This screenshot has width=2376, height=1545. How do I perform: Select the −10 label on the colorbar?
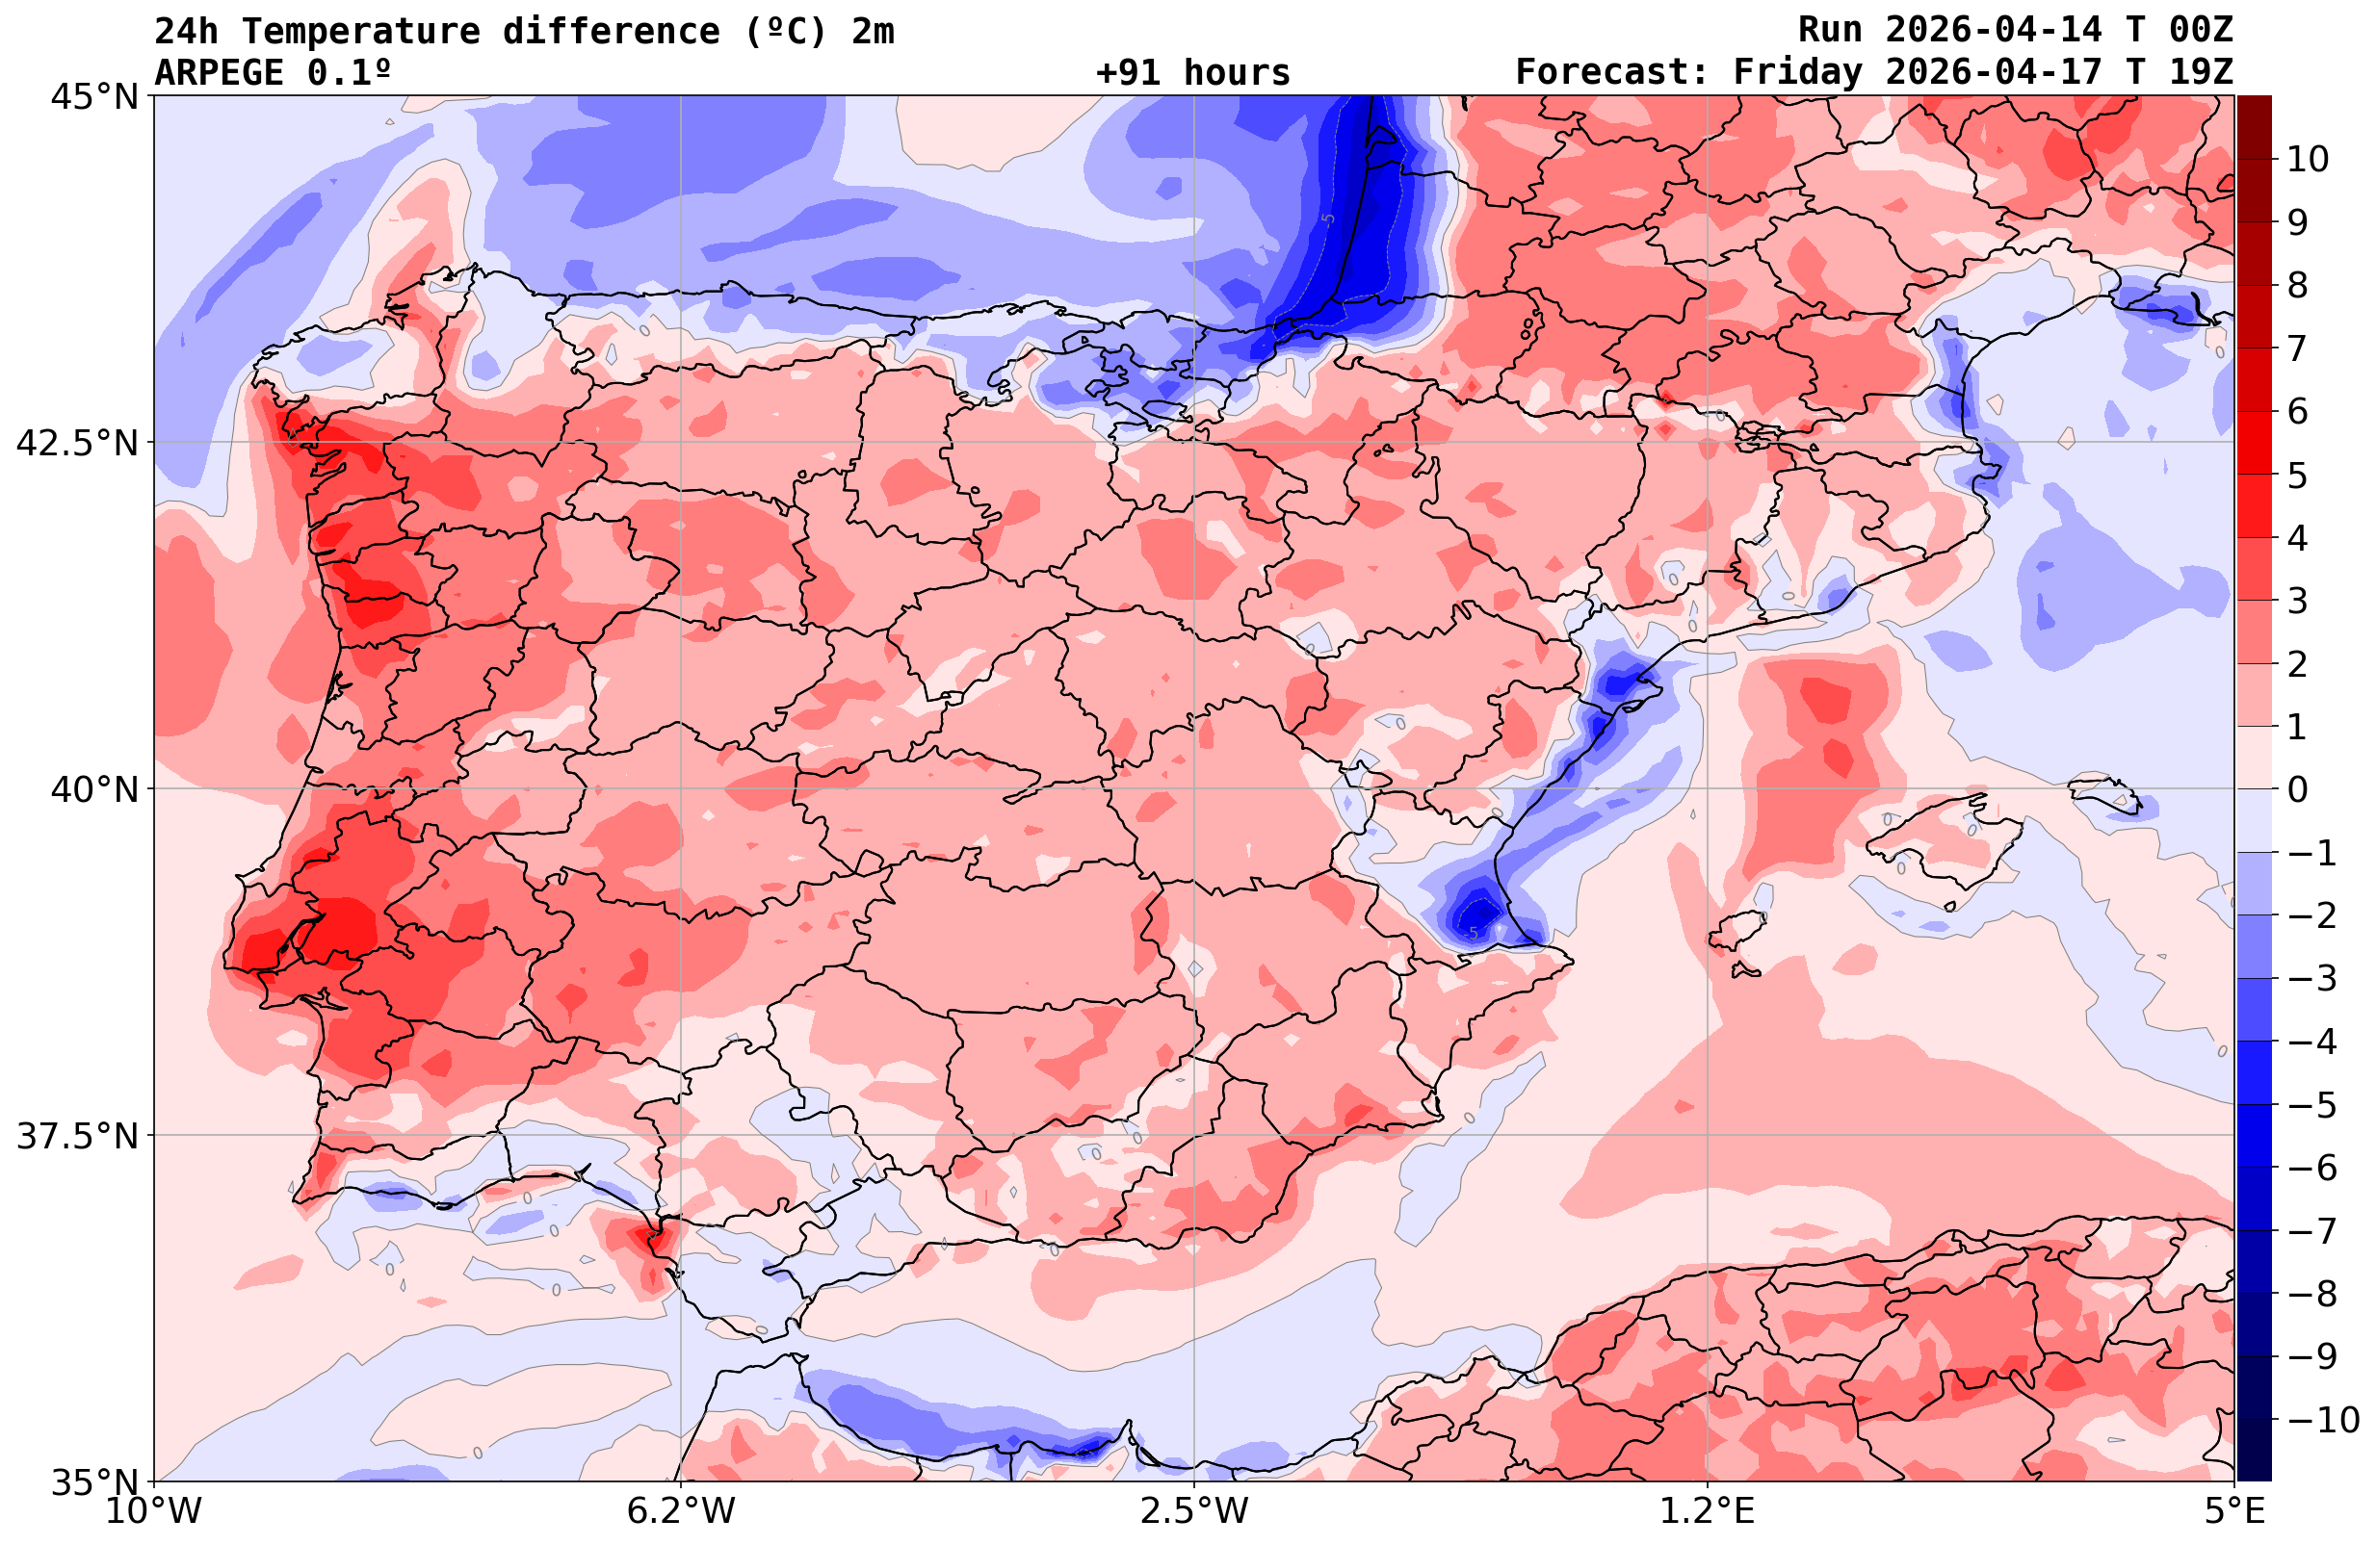click(x=2323, y=1419)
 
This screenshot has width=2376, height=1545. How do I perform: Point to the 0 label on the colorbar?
click(x=2297, y=789)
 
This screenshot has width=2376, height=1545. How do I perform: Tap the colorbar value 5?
click(x=2297, y=476)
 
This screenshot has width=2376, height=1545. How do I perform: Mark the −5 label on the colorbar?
click(x=2311, y=1105)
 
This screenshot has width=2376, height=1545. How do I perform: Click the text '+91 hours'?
click(x=1193, y=73)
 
